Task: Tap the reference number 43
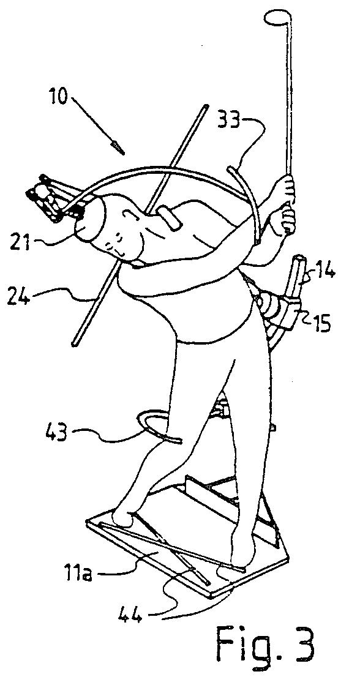click(55, 433)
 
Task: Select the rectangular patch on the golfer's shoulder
click(170, 219)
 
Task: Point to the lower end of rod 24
click(74, 343)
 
